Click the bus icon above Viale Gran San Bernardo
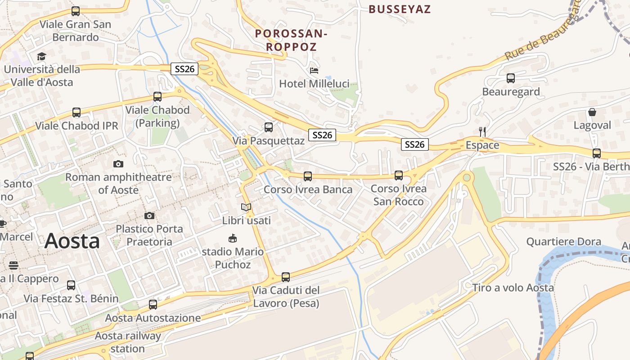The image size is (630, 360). [x=76, y=11]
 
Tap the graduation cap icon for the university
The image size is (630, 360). [x=41, y=56]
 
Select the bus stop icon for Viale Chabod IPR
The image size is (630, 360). [x=76, y=112]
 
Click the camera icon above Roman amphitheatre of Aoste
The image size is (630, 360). [x=118, y=164]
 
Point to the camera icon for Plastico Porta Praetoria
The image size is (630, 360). [x=149, y=216]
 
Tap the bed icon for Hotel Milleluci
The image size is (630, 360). [x=314, y=71]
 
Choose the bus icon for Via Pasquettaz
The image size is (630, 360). [x=269, y=127]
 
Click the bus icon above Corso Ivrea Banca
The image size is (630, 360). [x=308, y=176]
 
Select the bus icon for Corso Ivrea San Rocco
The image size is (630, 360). [x=399, y=175]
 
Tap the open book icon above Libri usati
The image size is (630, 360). [x=246, y=207]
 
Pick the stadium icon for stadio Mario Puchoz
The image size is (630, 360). [x=233, y=238]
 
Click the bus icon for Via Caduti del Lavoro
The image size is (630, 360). [x=286, y=277]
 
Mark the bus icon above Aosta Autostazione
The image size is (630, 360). [x=153, y=305]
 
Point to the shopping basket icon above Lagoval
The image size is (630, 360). [x=592, y=112]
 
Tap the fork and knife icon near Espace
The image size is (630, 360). [x=482, y=132]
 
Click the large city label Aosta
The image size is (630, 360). [x=72, y=241]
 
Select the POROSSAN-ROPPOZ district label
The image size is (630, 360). [x=291, y=40]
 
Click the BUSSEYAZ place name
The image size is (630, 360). [x=400, y=9]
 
